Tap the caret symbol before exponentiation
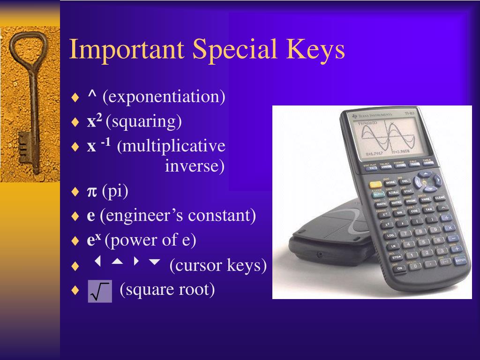coord(92,97)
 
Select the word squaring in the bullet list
coord(143,121)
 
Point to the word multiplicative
coord(171,146)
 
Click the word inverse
coord(195,166)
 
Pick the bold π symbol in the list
coord(92,191)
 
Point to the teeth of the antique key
coord(23,145)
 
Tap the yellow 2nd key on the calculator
coord(375,185)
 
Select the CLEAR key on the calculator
coord(440,198)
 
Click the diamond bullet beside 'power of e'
coord(75,241)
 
